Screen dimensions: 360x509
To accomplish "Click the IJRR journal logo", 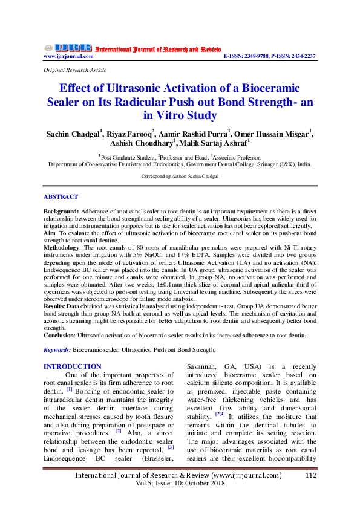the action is (68, 47).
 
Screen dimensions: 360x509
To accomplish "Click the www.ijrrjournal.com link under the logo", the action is (68, 56).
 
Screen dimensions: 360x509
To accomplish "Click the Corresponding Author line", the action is (180, 176).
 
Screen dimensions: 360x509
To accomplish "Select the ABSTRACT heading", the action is (61, 197).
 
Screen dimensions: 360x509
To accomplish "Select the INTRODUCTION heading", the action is (73, 366).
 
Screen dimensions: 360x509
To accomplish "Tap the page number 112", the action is (311, 475).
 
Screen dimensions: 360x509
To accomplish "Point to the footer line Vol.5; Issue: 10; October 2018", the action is (180, 485).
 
